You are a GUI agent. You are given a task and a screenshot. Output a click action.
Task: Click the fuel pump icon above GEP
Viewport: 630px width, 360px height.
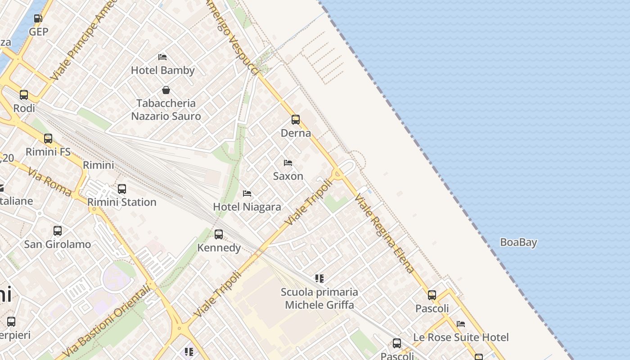[x=38, y=18]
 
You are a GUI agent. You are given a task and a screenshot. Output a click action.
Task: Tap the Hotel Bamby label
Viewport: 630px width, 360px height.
[x=162, y=70]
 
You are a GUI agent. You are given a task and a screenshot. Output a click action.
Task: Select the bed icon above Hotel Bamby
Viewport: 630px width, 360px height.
[x=162, y=57]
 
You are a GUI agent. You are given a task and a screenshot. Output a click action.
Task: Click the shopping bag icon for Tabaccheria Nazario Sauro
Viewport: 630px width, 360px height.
[x=166, y=90]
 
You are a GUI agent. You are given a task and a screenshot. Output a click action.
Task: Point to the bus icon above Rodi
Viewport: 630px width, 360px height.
[x=24, y=95]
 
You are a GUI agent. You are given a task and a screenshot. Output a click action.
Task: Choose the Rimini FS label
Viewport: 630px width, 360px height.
[x=48, y=152]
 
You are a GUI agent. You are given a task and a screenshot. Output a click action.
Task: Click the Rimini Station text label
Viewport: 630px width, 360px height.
[x=122, y=202]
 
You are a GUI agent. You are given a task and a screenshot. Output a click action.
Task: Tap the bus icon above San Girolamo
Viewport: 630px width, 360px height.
[x=58, y=231]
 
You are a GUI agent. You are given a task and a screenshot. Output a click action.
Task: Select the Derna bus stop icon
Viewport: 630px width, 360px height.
[x=296, y=120]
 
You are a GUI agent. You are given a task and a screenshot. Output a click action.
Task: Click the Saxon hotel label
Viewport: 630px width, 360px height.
[x=288, y=176]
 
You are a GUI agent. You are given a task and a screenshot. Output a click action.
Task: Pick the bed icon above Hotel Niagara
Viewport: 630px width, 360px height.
[x=247, y=193]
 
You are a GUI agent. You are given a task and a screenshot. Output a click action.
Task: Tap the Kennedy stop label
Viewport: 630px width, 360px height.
[x=219, y=247]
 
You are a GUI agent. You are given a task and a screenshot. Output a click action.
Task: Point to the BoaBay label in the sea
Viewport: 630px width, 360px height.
[x=518, y=243]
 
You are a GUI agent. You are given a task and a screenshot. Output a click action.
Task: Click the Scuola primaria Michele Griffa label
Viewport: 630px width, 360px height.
[x=319, y=298]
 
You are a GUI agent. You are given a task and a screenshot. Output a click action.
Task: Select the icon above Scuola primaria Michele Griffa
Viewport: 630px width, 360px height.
[x=319, y=279]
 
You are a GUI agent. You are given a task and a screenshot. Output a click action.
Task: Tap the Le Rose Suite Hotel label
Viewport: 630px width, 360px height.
[x=461, y=337]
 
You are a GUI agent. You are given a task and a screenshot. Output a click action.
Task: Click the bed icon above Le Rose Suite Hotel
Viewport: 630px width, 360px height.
[x=461, y=324]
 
